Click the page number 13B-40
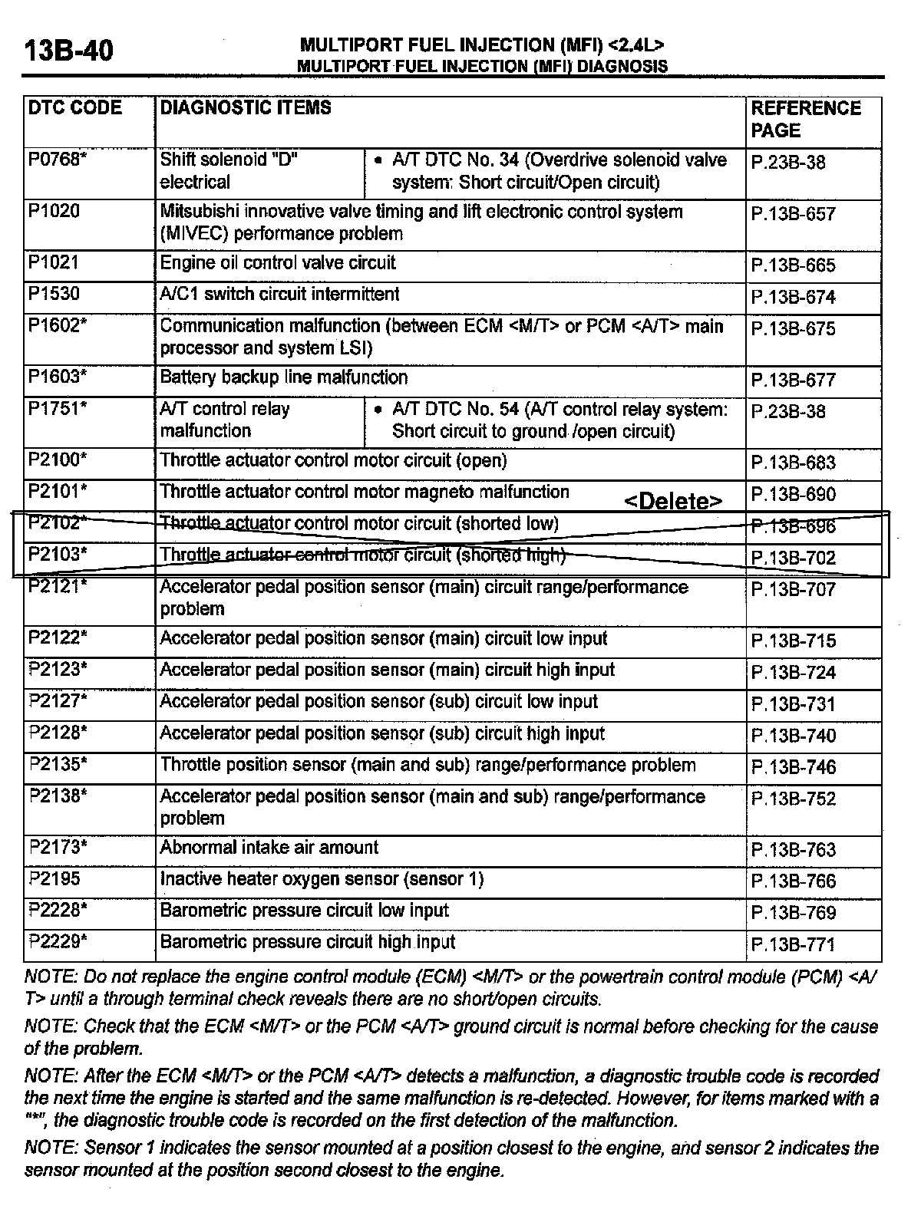69,51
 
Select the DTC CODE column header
75,108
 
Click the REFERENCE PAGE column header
806,119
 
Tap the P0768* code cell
58,160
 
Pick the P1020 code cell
54,212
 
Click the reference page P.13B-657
793,215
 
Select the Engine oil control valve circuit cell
278,263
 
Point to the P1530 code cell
54,295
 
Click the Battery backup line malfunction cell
284,377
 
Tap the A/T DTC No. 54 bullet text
559,420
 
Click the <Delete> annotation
673,502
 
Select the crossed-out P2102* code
57,523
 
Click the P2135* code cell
58,764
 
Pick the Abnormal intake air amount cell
269,848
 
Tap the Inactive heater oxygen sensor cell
322,879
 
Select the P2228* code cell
58,911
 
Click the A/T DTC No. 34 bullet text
559,171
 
